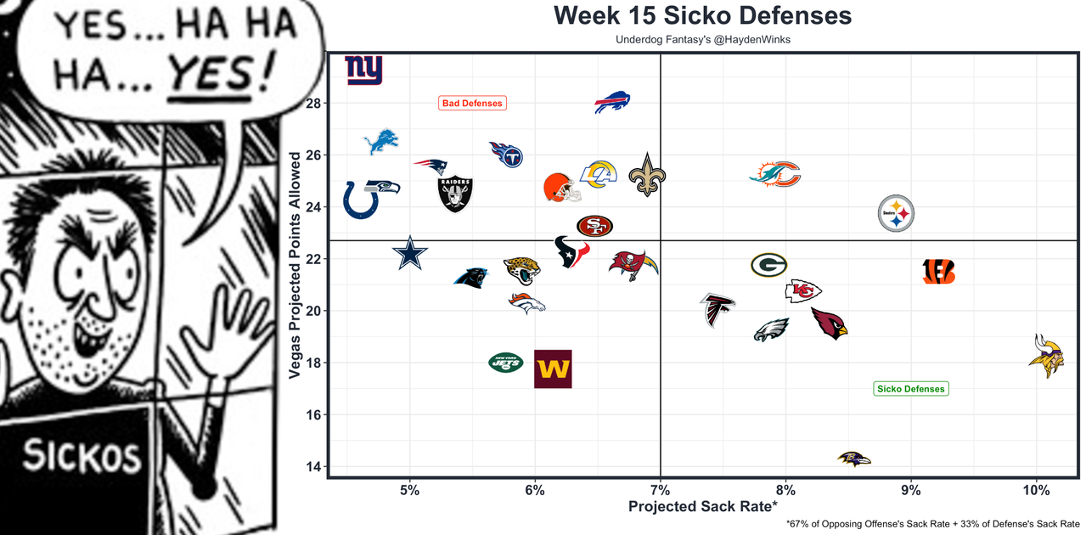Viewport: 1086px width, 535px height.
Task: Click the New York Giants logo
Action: (x=363, y=70)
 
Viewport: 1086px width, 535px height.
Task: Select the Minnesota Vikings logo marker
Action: (x=1045, y=356)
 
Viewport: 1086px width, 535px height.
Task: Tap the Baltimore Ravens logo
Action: (x=853, y=459)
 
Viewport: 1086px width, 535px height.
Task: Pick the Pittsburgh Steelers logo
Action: (x=897, y=215)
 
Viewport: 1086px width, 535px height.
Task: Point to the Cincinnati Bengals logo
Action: (x=939, y=272)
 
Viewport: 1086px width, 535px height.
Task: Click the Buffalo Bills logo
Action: (x=612, y=103)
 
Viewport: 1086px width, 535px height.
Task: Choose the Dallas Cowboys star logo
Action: (x=410, y=253)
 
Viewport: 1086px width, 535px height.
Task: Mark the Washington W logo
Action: (x=553, y=369)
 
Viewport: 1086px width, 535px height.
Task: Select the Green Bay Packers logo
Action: (x=768, y=265)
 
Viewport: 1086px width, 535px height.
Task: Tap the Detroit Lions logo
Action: (x=380, y=142)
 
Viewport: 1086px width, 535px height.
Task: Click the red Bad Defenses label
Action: (x=472, y=103)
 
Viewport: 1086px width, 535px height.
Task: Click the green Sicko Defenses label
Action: (x=910, y=389)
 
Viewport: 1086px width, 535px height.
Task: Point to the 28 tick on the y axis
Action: (x=313, y=104)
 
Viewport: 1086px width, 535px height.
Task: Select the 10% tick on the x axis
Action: (x=1036, y=490)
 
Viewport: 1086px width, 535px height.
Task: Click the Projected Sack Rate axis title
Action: (x=702, y=507)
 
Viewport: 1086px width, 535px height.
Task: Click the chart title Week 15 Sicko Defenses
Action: (x=702, y=16)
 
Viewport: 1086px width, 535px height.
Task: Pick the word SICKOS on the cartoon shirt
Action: (x=82, y=456)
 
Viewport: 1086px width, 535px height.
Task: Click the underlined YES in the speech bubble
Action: (x=219, y=75)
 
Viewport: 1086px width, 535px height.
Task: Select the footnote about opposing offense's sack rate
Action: (x=933, y=524)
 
